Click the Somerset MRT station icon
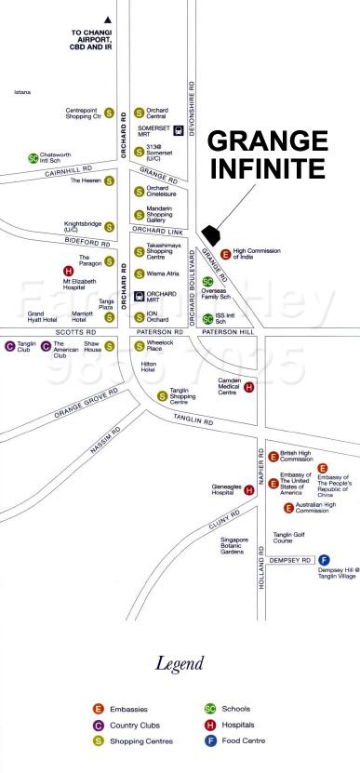coord(140,129)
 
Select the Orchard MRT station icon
coord(140,297)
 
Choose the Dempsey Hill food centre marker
coord(325,560)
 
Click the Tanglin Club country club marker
coord(10,346)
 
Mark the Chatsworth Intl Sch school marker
coord(33,158)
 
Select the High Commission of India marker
coord(226,253)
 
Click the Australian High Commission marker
coord(288,508)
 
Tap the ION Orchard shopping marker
coord(140,318)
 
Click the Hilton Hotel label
coord(148,367)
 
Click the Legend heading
coord(179,664)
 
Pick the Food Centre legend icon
coord(210,740)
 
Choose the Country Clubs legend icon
coord(98,725)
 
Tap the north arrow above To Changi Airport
coord(109,20)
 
